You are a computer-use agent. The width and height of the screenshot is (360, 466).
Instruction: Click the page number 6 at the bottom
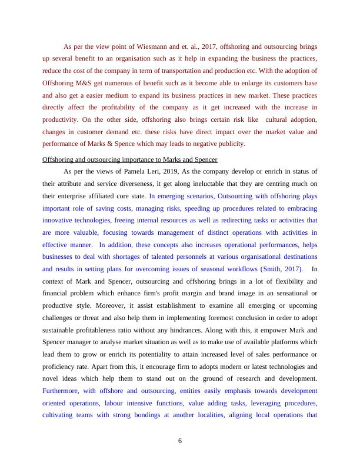[181, 442]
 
